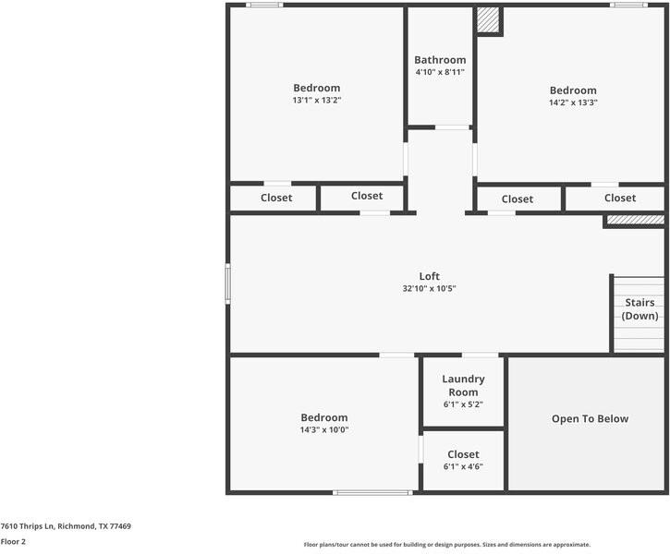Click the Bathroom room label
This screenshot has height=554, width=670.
click(440, 60)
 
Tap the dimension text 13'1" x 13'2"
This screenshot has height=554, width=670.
click(317, 101)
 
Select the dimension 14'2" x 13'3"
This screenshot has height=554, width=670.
click(573, 102)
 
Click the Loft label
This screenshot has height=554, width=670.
click(429, 276)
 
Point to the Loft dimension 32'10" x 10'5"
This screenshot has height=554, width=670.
click(429, 289)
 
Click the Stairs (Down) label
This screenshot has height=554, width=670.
click(640, 309)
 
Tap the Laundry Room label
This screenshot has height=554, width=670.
click(463, 386)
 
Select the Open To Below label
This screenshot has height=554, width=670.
click(590, 419)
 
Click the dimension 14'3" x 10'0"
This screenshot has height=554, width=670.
click(323, 429)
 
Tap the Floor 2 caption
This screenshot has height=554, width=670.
click(13, 542)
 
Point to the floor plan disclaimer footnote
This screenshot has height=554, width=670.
click(446, 545)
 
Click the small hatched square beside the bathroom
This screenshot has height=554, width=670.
click(488, 20)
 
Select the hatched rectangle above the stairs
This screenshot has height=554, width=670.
click(635, 221)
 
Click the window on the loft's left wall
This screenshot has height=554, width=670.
click(228, 283)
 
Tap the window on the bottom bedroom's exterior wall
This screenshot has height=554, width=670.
click(372, 492)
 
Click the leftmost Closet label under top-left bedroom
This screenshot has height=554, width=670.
click(276, 198)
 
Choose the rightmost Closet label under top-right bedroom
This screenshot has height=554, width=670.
click(620, 198)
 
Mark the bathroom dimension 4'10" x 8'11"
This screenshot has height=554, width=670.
click(440, 72)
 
